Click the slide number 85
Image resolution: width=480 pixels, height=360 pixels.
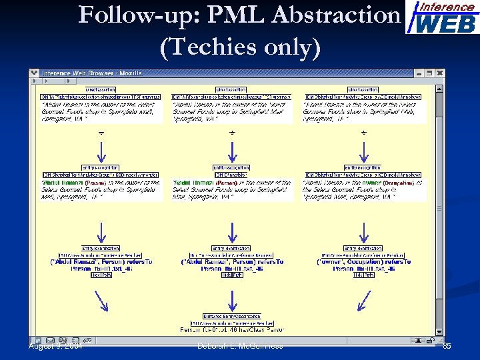[447, 345]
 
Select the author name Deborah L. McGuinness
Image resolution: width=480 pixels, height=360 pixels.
[240, 345]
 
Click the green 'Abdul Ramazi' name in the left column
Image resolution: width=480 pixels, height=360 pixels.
[62, 181]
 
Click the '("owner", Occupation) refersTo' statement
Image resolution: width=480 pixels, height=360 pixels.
[363, 262]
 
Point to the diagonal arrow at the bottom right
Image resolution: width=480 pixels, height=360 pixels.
[364, 302]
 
